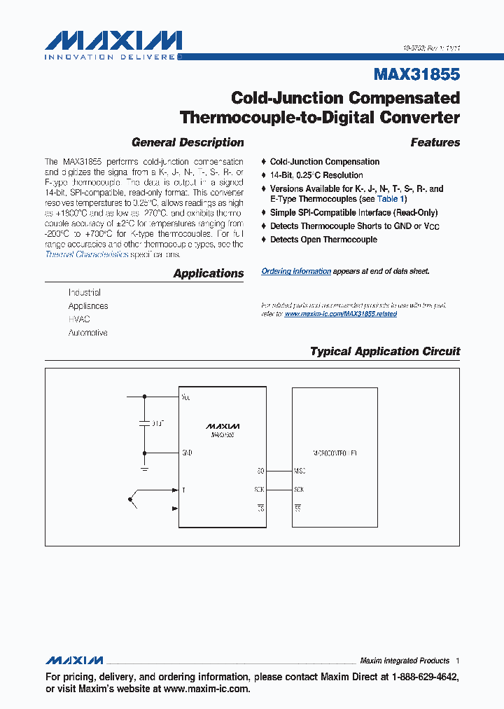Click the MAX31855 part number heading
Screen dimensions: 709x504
tap(417, 74)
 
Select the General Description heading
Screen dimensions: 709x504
tap(188, 142)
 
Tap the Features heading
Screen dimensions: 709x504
tap(435, 142)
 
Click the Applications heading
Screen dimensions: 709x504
tap(209, 274)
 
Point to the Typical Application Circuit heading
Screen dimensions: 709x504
tap(385, 352)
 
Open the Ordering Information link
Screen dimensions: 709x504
tap(296, 271)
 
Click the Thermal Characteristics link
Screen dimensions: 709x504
tap(87, 254)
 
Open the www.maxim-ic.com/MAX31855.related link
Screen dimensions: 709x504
tap(340, 314)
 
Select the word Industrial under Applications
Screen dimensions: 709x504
tap(85, 292)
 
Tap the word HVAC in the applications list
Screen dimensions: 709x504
tap(79, 319)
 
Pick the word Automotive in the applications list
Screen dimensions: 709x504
tap(87, 333)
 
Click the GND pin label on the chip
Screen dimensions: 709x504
tap(187, 453)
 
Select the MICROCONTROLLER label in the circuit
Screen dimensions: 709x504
tap(335, 453)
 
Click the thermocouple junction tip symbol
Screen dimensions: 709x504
tap(130, 500)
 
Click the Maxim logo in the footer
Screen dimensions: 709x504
tap(74, 661)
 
